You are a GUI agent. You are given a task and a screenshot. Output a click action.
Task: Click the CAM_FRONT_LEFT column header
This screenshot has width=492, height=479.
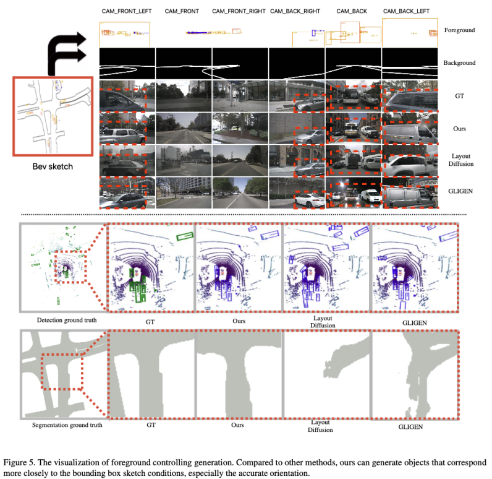pyautogui.click(x=127, y=11)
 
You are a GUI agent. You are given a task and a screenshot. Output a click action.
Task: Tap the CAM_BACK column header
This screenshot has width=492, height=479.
pyautogui.click(x=352, y=11)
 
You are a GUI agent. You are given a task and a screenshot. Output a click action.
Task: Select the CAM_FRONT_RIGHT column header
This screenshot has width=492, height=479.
pyautogui.click(x=239, y=11)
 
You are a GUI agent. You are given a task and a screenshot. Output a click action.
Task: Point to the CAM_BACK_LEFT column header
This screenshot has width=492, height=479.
pyautogui.click(x=406, y=11)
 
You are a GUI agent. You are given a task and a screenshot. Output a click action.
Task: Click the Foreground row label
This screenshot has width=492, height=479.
pyautogui.click(x=459, y=30)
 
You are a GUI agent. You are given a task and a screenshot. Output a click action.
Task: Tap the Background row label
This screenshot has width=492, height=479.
pyautogui.click(x=459, y=63)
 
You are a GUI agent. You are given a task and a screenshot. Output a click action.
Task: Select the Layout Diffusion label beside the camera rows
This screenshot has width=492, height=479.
pyautogui.click(x=460, y=160)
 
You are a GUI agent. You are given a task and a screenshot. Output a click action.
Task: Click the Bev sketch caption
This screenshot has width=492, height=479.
pyautogui.click(x=53, y=166)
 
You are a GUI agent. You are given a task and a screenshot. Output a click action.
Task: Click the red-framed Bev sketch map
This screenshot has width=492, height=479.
pyautogui.click(x=53, y=116)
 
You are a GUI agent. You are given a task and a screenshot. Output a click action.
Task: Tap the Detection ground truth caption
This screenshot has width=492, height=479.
pyautogui.click(x=67, y=320)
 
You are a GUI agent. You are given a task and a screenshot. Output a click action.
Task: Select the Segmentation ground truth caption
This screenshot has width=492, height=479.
pyautogui.click(x=67, y=425)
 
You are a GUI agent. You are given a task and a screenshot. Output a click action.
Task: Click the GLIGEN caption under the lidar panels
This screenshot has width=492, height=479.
pyautogui.click(x=415, y=323)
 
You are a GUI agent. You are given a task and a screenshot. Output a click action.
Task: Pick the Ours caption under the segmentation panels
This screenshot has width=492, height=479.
pyautogui.click(x=237, y=425)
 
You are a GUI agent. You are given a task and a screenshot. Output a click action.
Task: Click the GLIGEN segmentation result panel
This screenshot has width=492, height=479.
pyautogui.click(x=415, y=374)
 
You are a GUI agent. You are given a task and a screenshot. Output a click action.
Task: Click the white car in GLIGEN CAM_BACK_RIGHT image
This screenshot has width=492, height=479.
pyautogui.click(x=310, y=200)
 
